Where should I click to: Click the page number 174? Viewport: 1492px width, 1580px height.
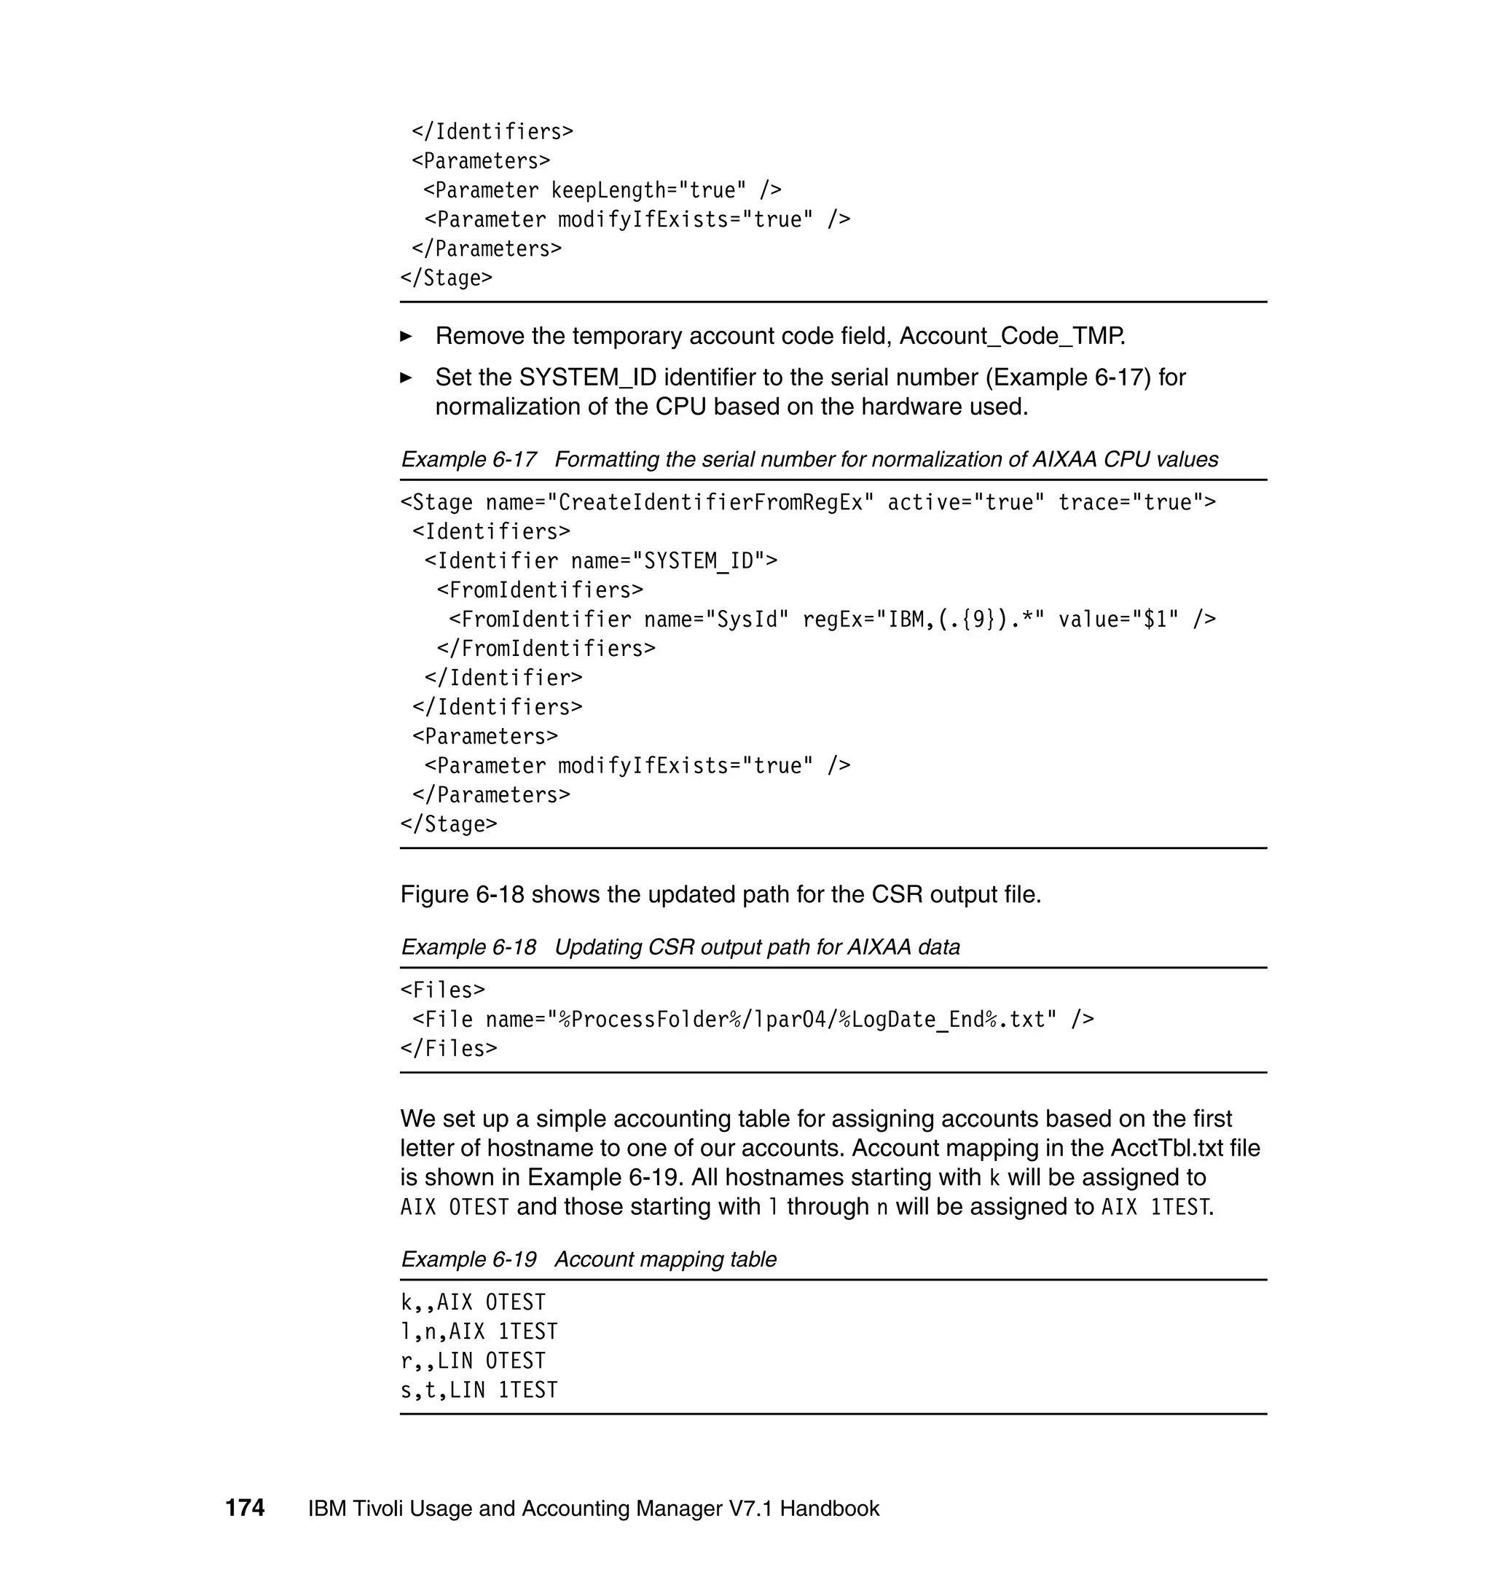click(x=245, y=1507)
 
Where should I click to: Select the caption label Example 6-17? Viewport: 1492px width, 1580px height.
click(x=468, y=459)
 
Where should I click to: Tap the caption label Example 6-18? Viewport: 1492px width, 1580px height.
click(x=468, y=947)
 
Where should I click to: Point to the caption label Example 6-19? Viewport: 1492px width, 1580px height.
click(x=468, y=1259)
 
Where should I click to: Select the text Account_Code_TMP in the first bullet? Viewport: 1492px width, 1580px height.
click(x=1011, y=336)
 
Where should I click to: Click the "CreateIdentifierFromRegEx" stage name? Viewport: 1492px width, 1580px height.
click(x=710, y=502)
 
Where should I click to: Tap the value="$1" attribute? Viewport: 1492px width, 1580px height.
click(x=1118, y=619)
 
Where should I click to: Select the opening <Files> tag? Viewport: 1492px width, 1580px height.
click(x=442, y=990)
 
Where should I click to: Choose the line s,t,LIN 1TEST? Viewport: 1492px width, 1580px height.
click(x=479, y=1389)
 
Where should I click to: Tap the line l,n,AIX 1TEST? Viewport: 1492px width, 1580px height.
click(x=479, y=1331)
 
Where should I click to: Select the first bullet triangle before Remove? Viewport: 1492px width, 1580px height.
click(x=406, y=337)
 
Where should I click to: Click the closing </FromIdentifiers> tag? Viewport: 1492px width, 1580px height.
click(x=546, y=649)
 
